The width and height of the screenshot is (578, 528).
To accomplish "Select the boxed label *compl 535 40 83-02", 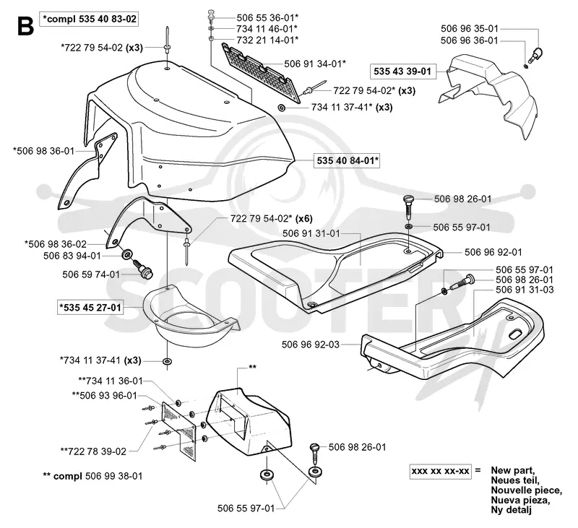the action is pos(90,19).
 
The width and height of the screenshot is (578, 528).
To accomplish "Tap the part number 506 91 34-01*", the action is pos(315,64).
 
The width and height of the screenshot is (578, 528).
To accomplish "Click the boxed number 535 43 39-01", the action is pos(402,71).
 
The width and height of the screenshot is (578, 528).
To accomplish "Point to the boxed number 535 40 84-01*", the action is pos(347,160).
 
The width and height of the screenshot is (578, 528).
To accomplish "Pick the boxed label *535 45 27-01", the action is pos(90,307).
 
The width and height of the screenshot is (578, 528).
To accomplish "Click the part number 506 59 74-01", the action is pos(91,274).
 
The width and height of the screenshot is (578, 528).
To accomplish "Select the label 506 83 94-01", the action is pos(72,256).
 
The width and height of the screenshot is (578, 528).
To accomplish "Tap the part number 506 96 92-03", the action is pos(311,345).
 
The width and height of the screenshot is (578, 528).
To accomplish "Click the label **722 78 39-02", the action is pos(93,451).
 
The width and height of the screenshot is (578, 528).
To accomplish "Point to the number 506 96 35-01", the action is pos(469,28).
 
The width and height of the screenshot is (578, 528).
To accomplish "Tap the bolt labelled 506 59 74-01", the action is pos(143,269).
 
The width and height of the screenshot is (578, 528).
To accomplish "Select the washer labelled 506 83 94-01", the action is pos(127,254).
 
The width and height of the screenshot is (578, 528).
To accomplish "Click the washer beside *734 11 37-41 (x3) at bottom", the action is pos(168,360).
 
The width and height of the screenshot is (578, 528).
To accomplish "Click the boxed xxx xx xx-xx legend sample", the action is pos(440,471).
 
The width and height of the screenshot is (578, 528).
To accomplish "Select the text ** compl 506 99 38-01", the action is pos(92,477).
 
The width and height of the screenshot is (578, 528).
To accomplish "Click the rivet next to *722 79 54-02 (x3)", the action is pos(168,46).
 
